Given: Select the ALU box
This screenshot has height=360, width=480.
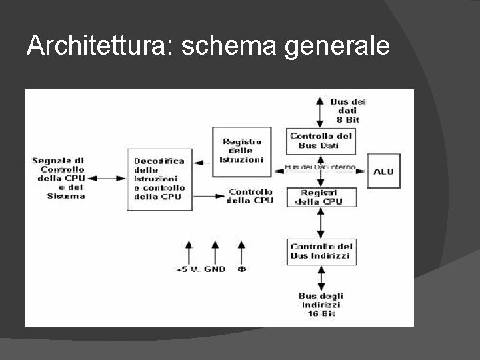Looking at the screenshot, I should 383,171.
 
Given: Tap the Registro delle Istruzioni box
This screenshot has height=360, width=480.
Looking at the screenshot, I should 241,151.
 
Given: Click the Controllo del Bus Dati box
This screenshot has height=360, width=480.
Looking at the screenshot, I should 321,140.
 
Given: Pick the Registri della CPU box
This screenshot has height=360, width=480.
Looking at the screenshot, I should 320,197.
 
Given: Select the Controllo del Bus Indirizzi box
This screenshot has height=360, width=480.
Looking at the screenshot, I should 320,251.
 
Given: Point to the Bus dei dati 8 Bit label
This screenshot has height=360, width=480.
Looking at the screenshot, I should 348,110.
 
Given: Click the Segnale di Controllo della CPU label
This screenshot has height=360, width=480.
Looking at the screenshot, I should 58,178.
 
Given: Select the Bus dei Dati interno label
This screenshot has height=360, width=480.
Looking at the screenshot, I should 319,167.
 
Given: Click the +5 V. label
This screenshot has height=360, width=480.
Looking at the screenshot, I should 189,270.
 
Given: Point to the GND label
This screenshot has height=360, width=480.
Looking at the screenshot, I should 215,270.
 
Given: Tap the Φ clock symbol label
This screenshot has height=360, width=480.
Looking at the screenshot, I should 241,270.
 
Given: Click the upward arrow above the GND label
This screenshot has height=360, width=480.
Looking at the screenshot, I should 215,252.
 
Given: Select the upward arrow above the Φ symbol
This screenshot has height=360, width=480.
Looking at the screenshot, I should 241,252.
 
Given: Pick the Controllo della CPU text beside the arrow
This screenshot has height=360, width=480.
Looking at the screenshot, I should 250,196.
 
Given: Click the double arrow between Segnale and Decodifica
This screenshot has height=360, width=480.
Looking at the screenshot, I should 107,178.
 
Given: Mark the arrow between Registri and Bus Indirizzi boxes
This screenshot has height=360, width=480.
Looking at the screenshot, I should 321,222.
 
